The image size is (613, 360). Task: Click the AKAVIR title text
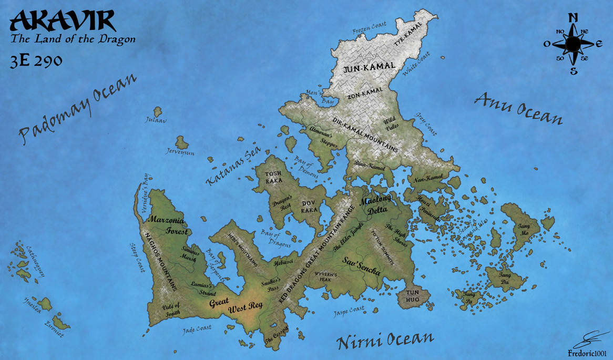62,21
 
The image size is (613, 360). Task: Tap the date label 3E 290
36,60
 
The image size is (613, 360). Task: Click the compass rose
573,44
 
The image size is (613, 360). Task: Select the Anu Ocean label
518,108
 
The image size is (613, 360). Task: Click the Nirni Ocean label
385,340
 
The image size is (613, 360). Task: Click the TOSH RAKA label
273,177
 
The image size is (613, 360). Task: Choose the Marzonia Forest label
169,224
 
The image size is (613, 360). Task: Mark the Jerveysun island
182,142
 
